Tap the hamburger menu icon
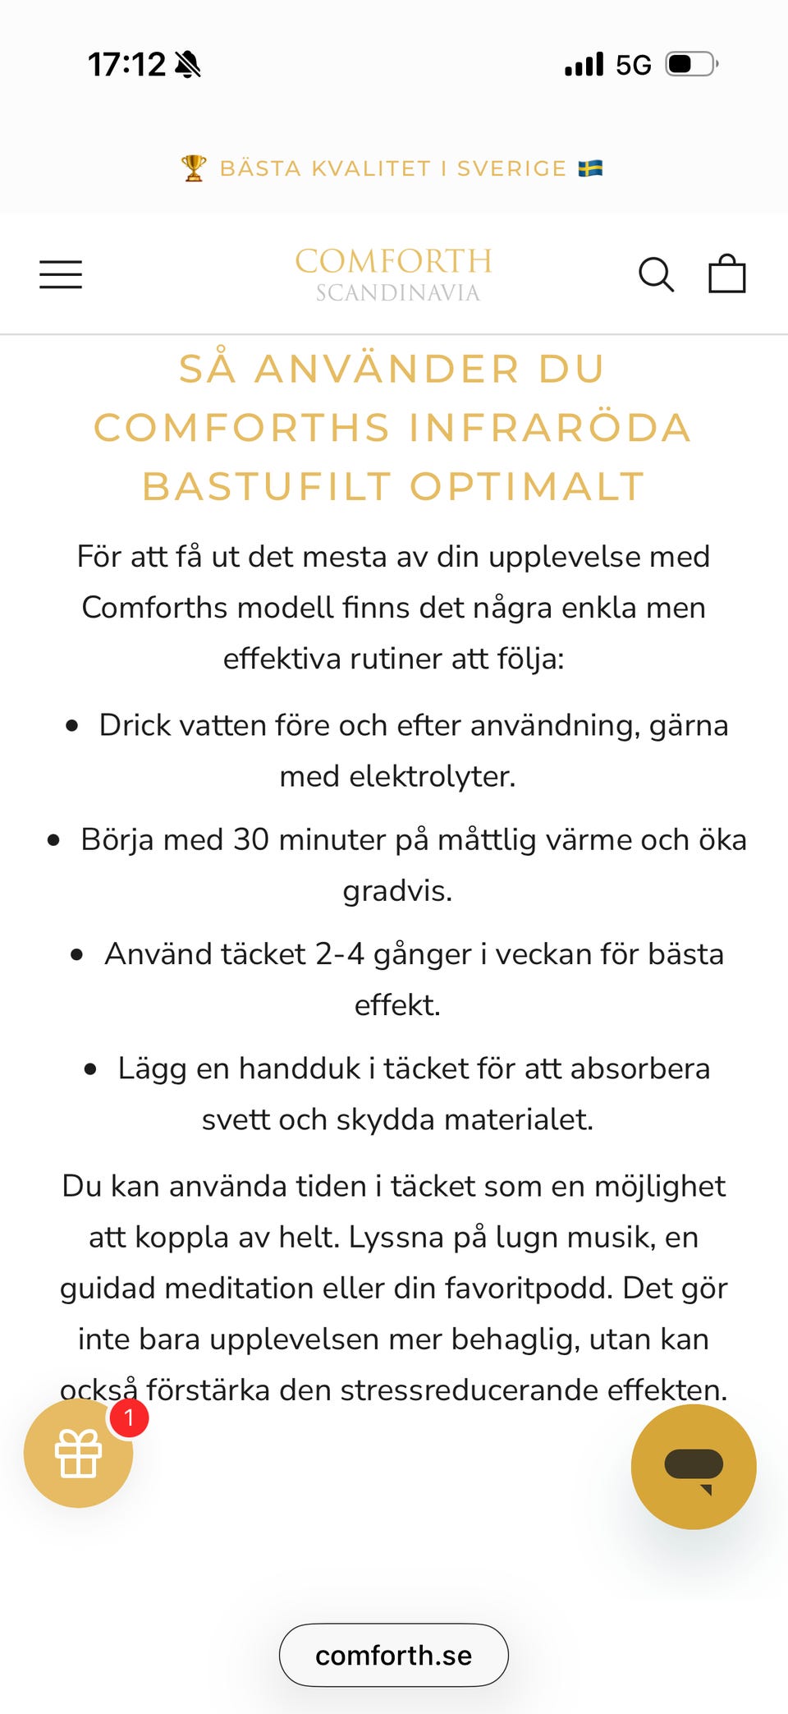pos(61,274)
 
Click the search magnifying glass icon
pos(656,274)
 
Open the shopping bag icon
pos(727,273)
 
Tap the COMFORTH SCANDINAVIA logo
pos(394,274)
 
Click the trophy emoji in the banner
pos(194,168)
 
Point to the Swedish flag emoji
pos(590,168)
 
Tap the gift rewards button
pos(78,1454)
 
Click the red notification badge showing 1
pos(129,1418)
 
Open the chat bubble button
pos(694,1467)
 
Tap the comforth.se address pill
pos(394,1655)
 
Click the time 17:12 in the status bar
pos(126,64)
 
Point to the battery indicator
pos(691,64)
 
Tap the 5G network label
pos(634,65)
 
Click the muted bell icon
pos(188,64)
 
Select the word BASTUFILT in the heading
pos(267,486)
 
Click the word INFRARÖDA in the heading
pos(549,427)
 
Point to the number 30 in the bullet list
pos(251,839)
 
